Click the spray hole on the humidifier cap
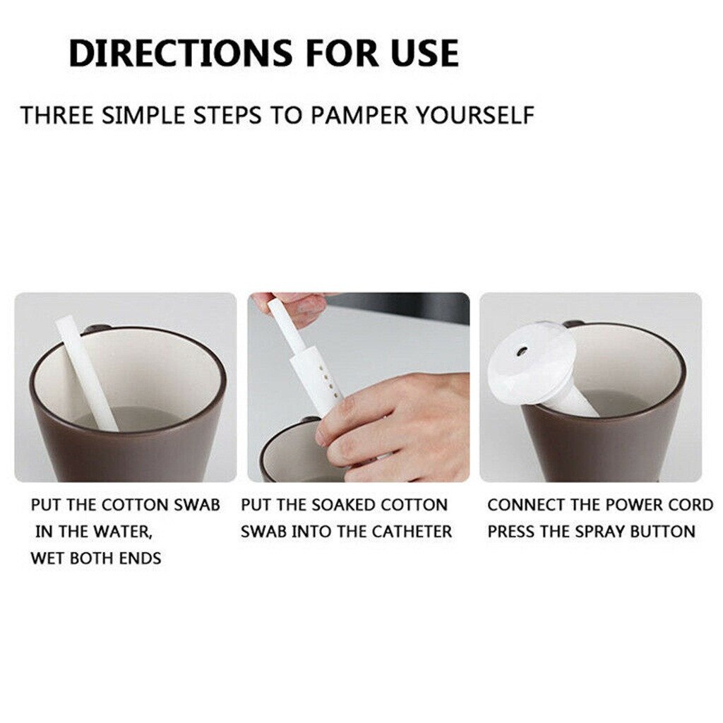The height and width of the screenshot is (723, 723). coord(522,349)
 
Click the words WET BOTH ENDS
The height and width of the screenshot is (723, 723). coord(96,558)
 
